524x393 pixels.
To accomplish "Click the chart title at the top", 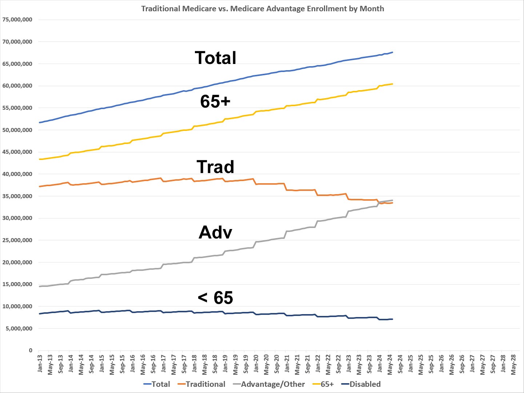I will coord(263,8).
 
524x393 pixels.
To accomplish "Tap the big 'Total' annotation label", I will coord(216,58).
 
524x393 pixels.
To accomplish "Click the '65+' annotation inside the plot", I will coord(215,101).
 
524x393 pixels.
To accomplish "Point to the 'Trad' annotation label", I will coord(215,167).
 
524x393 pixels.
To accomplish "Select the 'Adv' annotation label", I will coord(215,232).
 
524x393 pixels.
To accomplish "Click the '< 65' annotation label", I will coord(215,298).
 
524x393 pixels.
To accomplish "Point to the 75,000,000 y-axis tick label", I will coord(17,20).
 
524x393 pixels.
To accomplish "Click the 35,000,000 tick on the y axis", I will coord(17,196).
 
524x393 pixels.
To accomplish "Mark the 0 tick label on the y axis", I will coord(31,350).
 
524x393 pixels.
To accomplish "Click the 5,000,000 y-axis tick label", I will coord(19,328).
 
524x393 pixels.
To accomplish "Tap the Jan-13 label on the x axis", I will coord(40,364).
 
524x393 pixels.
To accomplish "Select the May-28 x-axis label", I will coord(514,364).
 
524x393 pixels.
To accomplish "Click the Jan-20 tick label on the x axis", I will coord(256,364).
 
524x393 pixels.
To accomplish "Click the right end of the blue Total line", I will coord(392,52).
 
